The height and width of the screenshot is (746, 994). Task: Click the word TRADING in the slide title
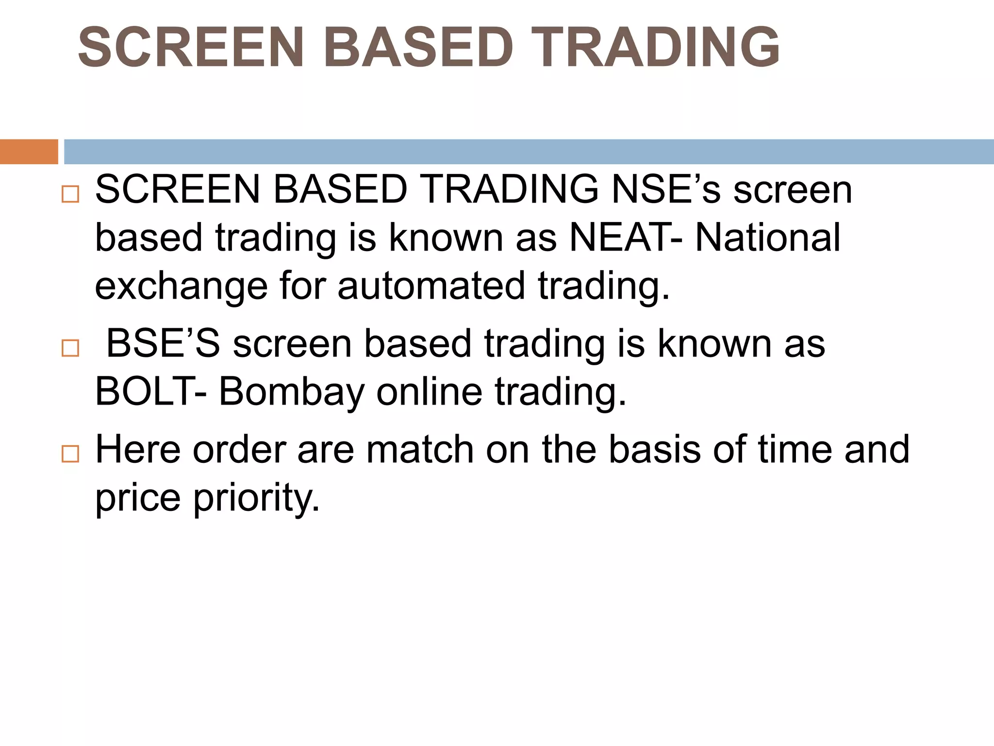click(655, 47)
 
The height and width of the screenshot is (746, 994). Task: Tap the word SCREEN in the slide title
click(191, 47)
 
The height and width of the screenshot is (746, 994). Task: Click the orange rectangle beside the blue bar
click(29, 152)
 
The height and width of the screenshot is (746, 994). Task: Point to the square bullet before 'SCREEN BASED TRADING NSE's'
click(70, 194)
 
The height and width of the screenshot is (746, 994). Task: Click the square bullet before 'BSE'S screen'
click(70, 348)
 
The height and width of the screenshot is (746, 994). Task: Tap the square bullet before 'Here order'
click(70, 454)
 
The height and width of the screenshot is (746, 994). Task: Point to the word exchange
click(181, 287)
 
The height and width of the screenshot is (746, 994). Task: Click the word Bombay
click(292, 392)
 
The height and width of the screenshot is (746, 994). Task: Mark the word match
click(419, 449)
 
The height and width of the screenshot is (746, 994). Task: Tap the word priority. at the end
click(257, 498)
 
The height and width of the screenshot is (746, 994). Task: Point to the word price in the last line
click(137, 498)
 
